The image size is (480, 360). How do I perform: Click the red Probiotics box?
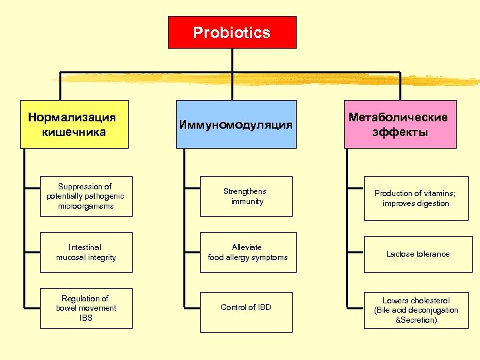(232, 33)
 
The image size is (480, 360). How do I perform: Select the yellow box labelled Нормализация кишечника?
(73, 124)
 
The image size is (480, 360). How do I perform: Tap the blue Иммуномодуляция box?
(236, 124)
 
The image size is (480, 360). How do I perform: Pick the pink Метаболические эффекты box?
(400, 124)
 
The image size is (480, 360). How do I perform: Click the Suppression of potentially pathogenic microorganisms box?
(86, 196)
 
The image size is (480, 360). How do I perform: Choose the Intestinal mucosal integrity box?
(86, 252)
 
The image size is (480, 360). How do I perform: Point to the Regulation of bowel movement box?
(86, 308)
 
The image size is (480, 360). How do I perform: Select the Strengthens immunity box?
(247, 196)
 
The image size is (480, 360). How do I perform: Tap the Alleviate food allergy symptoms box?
(247, 252)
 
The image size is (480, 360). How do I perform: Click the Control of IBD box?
(247, 308)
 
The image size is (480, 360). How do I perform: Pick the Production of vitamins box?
(416, 198)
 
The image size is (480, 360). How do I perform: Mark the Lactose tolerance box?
(416, 254)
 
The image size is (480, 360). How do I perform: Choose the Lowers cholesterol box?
(416, 310)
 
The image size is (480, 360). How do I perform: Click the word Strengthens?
(247, 191)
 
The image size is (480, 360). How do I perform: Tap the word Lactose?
(401, 254)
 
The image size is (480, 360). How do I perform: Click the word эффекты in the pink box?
(400, 132)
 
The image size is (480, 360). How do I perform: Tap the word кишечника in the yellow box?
(73, 132)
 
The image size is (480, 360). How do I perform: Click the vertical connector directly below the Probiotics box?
(232, 60)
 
